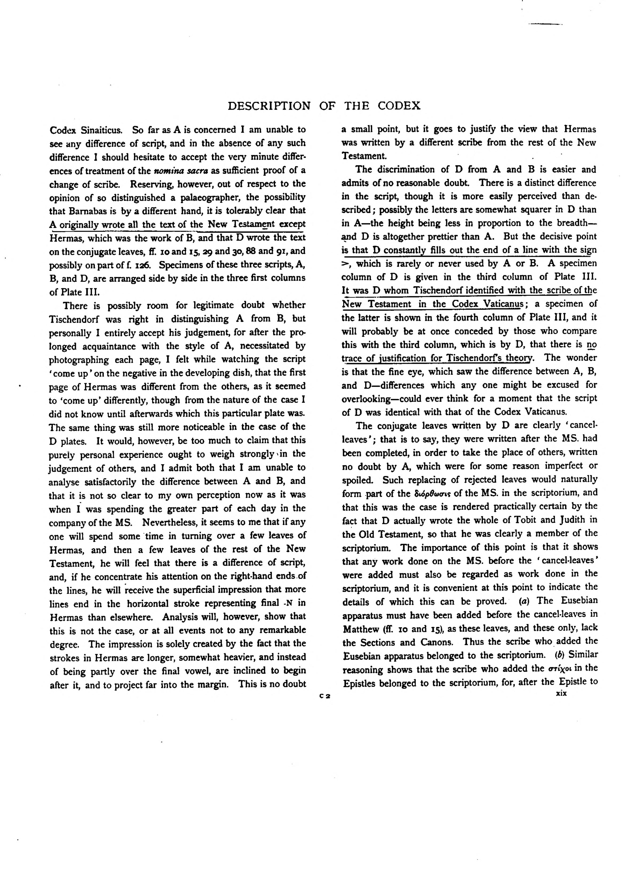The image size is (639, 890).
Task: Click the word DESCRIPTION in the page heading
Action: coord(269,106)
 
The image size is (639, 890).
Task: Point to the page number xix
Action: coord(561,693)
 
